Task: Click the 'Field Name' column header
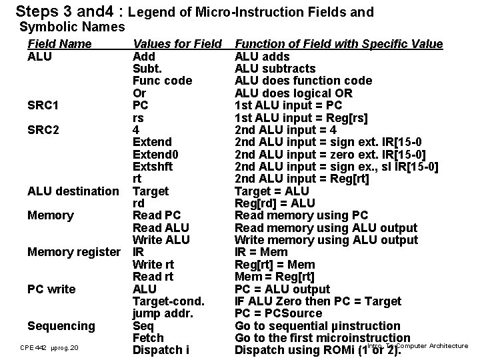[59, 44]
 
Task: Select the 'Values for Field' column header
[177, 44]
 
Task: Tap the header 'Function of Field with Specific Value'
[339, 44]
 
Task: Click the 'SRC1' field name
[43, 105]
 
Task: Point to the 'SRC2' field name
[43, 130]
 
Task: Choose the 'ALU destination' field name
[73, 191]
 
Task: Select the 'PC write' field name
[51, 289]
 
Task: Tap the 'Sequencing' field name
[61, 326]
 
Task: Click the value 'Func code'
[163, 81]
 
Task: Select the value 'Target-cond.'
[168, 301]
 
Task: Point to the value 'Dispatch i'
[161, 350]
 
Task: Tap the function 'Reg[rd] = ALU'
[275, 203]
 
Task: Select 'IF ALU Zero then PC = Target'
[317, 301]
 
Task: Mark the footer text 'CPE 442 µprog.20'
[49, 348]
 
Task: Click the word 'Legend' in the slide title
[149, 12]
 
